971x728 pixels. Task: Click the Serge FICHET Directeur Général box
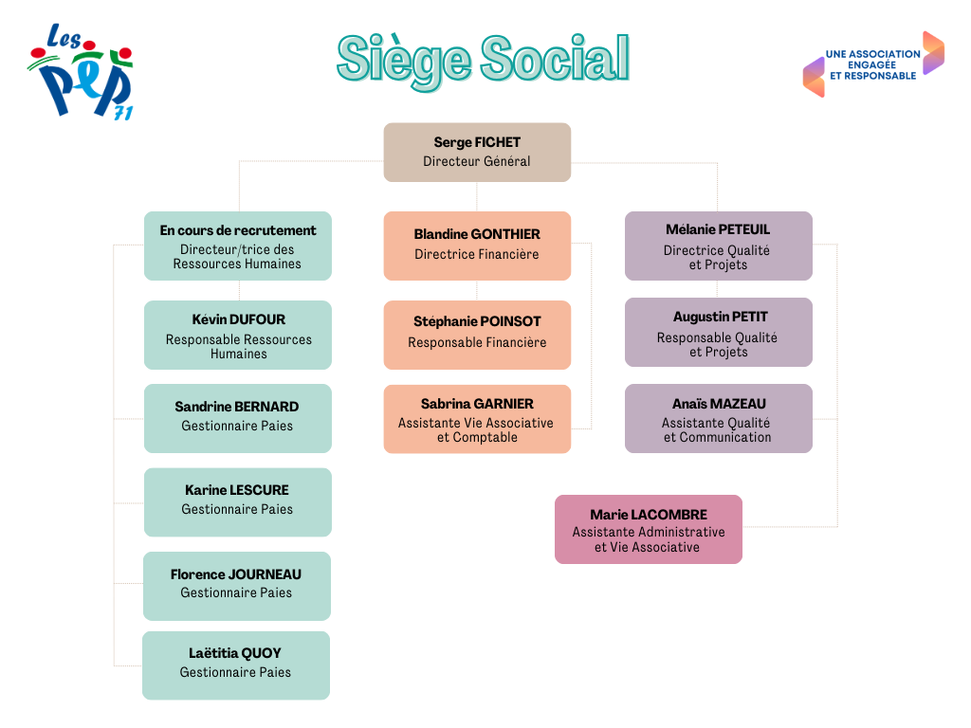[x=477, y=153]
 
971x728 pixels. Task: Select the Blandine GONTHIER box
[x=477, y=246]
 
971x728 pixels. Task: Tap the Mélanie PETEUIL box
[x=719, y=246]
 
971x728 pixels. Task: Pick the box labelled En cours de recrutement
[x=238, y=246]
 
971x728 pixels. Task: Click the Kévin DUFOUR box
[x=238, y=335]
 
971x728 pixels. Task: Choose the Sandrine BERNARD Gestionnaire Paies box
[x=238, y=418]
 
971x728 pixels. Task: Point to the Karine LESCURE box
[x=238, y=502]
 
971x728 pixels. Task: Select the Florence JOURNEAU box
[x=236, y=586]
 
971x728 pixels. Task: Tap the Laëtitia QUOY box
[x=236, y=665]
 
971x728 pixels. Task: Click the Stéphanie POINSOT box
[x=477, y=335]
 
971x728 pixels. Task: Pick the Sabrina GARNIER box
[x=477, y=419]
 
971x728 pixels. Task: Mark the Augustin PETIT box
[x=719, y=333]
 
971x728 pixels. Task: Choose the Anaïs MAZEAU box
[x=719, y=418]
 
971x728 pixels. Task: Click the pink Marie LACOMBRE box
[x=649, y=529]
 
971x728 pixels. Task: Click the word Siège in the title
[x=404, y=61]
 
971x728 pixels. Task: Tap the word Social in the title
[x=556, y=58]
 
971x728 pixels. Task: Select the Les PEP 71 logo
[x=81, y=72]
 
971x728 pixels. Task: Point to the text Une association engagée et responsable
[x=873, y=65]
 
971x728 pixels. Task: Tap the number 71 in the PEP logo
[x=123, y=114]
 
